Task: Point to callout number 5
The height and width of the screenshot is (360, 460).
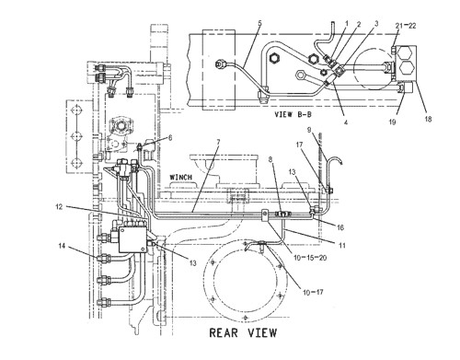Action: click(x=234, y=23)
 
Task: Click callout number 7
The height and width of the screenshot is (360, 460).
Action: click(x=217, y=142)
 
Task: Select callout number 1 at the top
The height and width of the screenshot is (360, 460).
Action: click(x=346, y=23)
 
